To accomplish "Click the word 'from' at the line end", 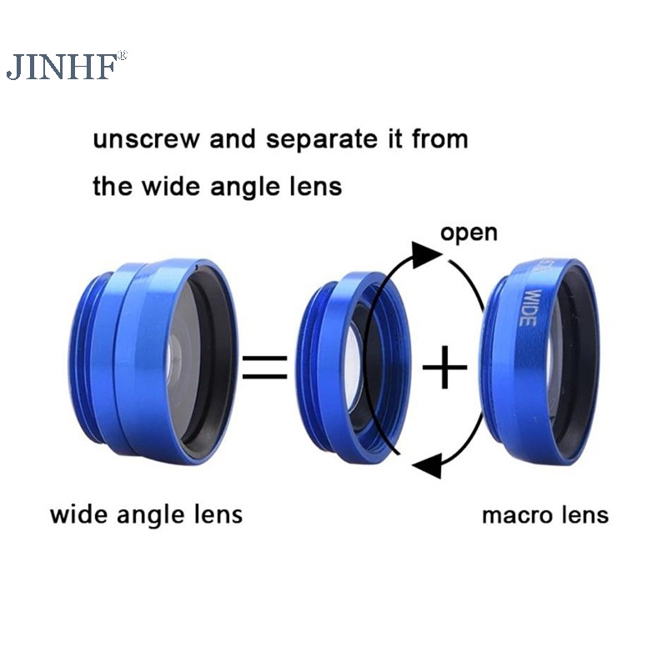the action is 439,138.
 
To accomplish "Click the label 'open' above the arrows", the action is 469,231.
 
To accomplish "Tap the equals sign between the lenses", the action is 264,366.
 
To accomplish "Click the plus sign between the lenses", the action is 444,366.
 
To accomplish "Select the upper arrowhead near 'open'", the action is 427,253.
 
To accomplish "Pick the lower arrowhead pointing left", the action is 426,465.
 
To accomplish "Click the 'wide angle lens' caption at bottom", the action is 146,513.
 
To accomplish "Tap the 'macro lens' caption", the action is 544,514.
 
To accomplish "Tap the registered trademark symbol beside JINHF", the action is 122,55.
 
